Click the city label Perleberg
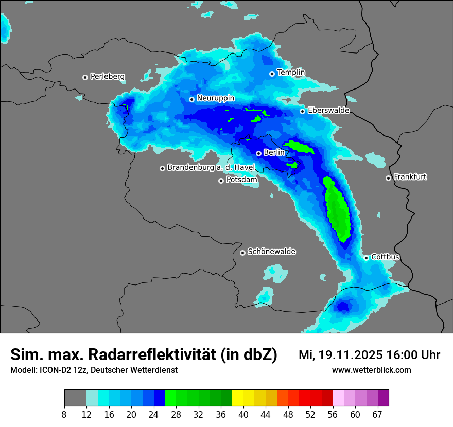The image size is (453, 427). tap(107, 77)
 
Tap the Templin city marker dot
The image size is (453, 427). tap(272, 74)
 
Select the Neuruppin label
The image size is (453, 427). tap(215, 98)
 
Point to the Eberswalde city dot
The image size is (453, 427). tap(303, 111)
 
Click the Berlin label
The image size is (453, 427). tap(274, 152)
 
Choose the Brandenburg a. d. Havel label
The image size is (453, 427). tap(211, 168)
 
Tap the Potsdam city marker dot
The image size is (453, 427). tap(221, 181)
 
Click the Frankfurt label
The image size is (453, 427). tap(410, 177)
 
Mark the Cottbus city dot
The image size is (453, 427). tap(366, 258)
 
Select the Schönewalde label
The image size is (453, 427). tap(271, 252)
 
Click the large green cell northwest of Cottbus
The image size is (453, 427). tap(338, 208)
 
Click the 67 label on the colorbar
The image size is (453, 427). tap(377, 414)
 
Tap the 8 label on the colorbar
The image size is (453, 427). tap(64, 414)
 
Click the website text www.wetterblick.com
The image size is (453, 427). tap(371, 370)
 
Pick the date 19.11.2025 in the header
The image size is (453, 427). tap(348, 355)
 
